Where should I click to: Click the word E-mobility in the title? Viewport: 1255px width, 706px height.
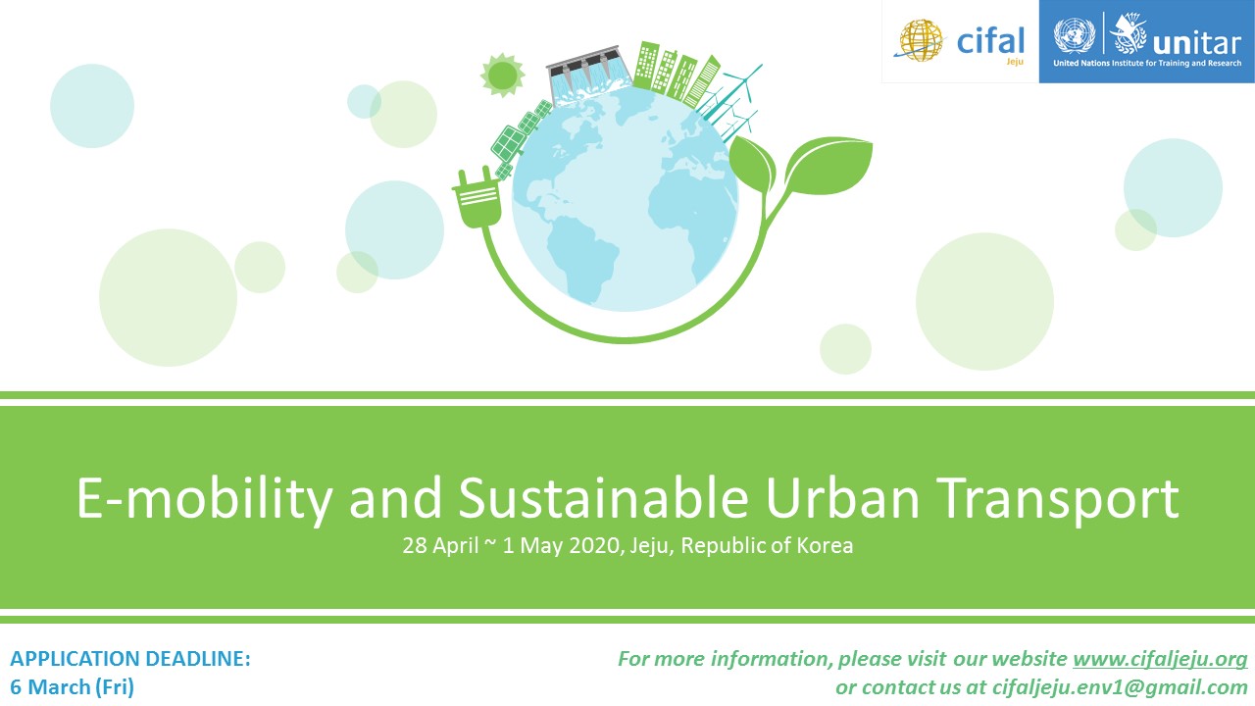(x=204, y=500)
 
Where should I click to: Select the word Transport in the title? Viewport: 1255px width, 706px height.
(x=1058, y=500)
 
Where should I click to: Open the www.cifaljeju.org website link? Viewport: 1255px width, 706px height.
(x=1160, y=659)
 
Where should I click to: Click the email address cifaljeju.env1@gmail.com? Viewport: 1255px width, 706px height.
(x=1120, y=687)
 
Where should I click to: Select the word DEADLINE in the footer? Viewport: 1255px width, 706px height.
(x=198, y=659)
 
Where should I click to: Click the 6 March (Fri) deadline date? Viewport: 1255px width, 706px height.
(x=73, y=687)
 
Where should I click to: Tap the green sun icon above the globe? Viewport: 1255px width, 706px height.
(x=503, y=76)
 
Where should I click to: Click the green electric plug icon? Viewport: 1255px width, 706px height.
(x=477, y=198)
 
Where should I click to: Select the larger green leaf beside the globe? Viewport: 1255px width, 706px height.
(x=828, y=166)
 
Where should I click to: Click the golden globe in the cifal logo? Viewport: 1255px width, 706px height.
(x=921, y=40)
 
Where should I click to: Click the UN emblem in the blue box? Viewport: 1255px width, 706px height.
(x=1074, y=35)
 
